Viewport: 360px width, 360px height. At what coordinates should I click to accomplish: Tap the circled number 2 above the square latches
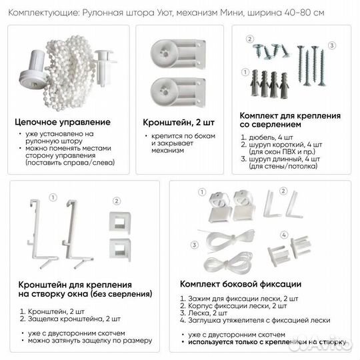coord(115,199)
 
